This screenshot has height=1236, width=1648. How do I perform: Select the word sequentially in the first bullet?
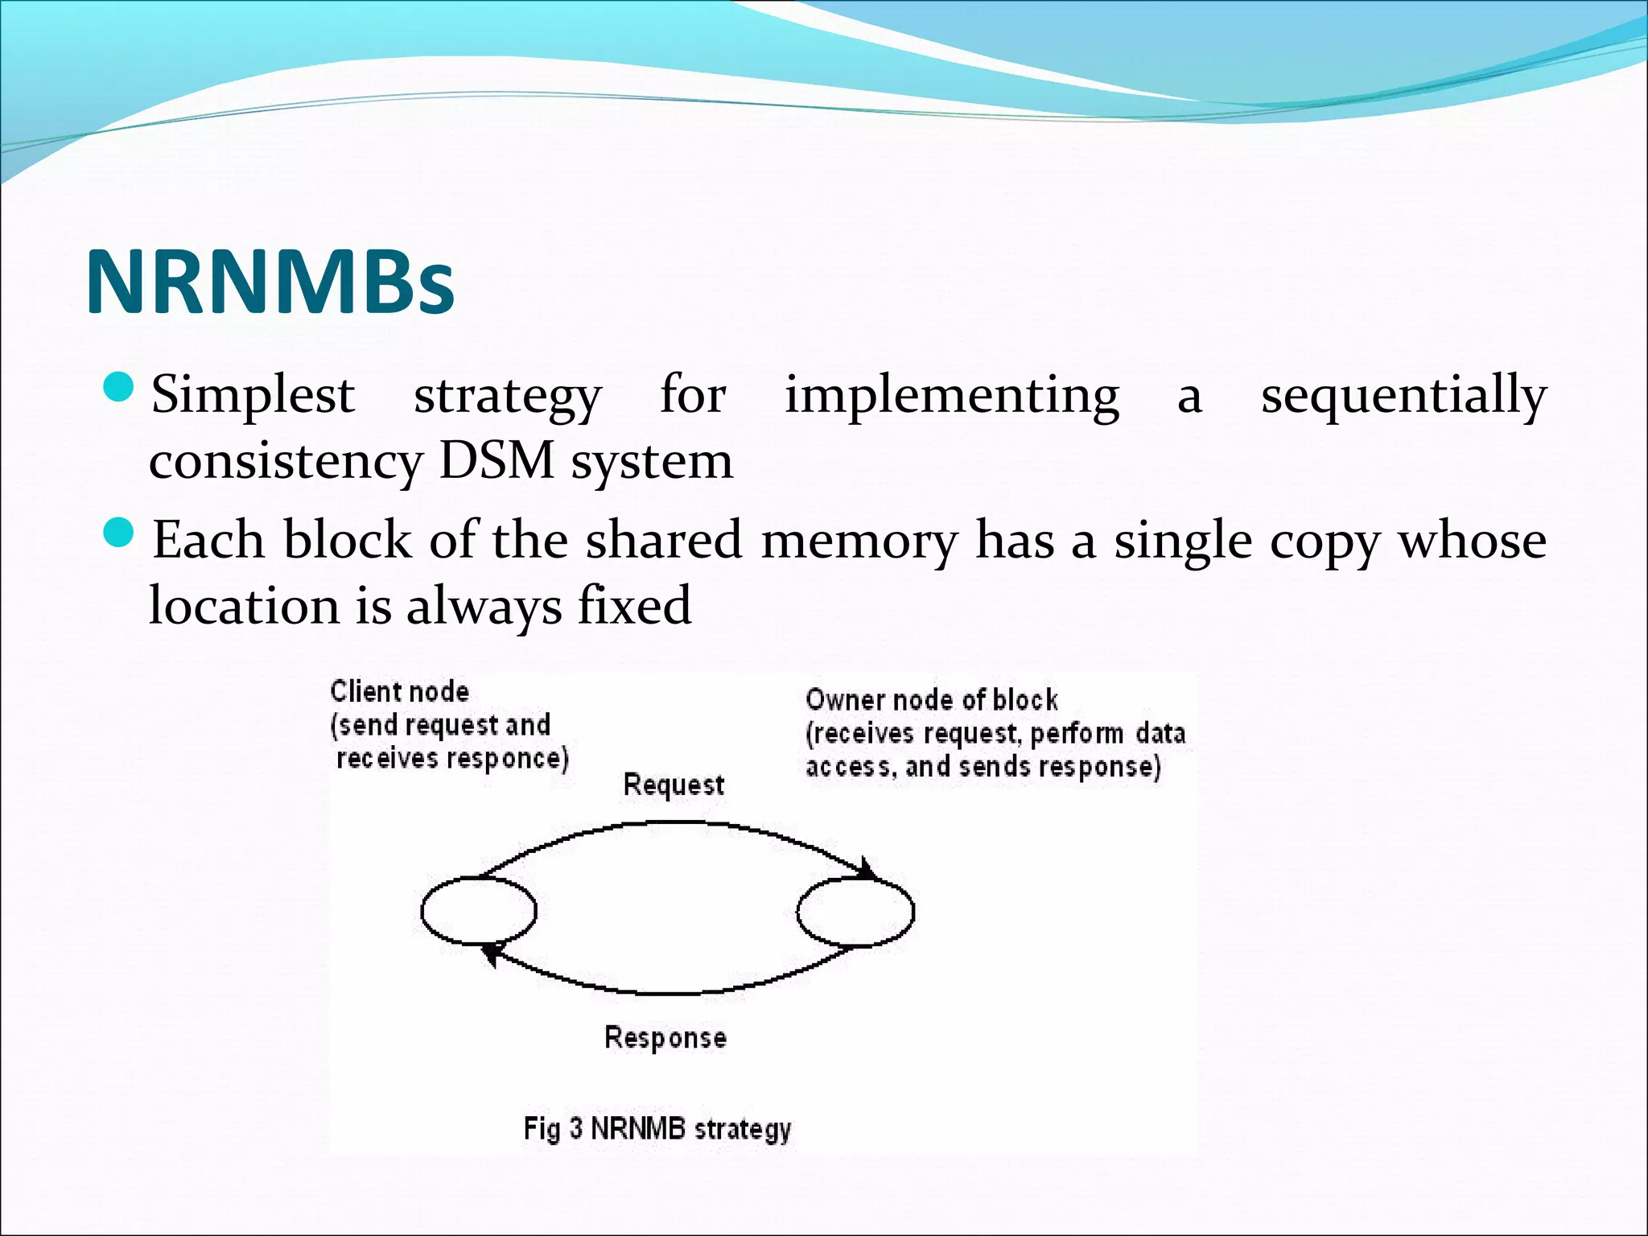(x=1403, y=396)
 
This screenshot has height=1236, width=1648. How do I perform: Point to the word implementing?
(x=951, y=396)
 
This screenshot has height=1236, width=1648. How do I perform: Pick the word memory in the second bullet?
(x=859, y=541)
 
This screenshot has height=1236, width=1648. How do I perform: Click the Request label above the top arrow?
(x=674, y=785)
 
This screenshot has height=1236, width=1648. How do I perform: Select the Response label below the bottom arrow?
(x=665, y=1037)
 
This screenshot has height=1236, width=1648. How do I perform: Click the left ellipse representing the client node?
(x=479, y=911)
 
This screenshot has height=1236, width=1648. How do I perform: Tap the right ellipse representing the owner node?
(x=855, y=912)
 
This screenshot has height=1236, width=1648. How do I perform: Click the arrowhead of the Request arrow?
(x=868, y=870)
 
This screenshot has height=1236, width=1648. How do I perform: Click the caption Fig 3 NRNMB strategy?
(x=657, y=1128)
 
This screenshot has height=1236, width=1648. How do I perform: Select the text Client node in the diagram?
(x=399, y=692)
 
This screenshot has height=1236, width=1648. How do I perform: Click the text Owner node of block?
(x=931, y=700)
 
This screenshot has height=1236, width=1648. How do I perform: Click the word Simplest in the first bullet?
(x=253, y=396)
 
